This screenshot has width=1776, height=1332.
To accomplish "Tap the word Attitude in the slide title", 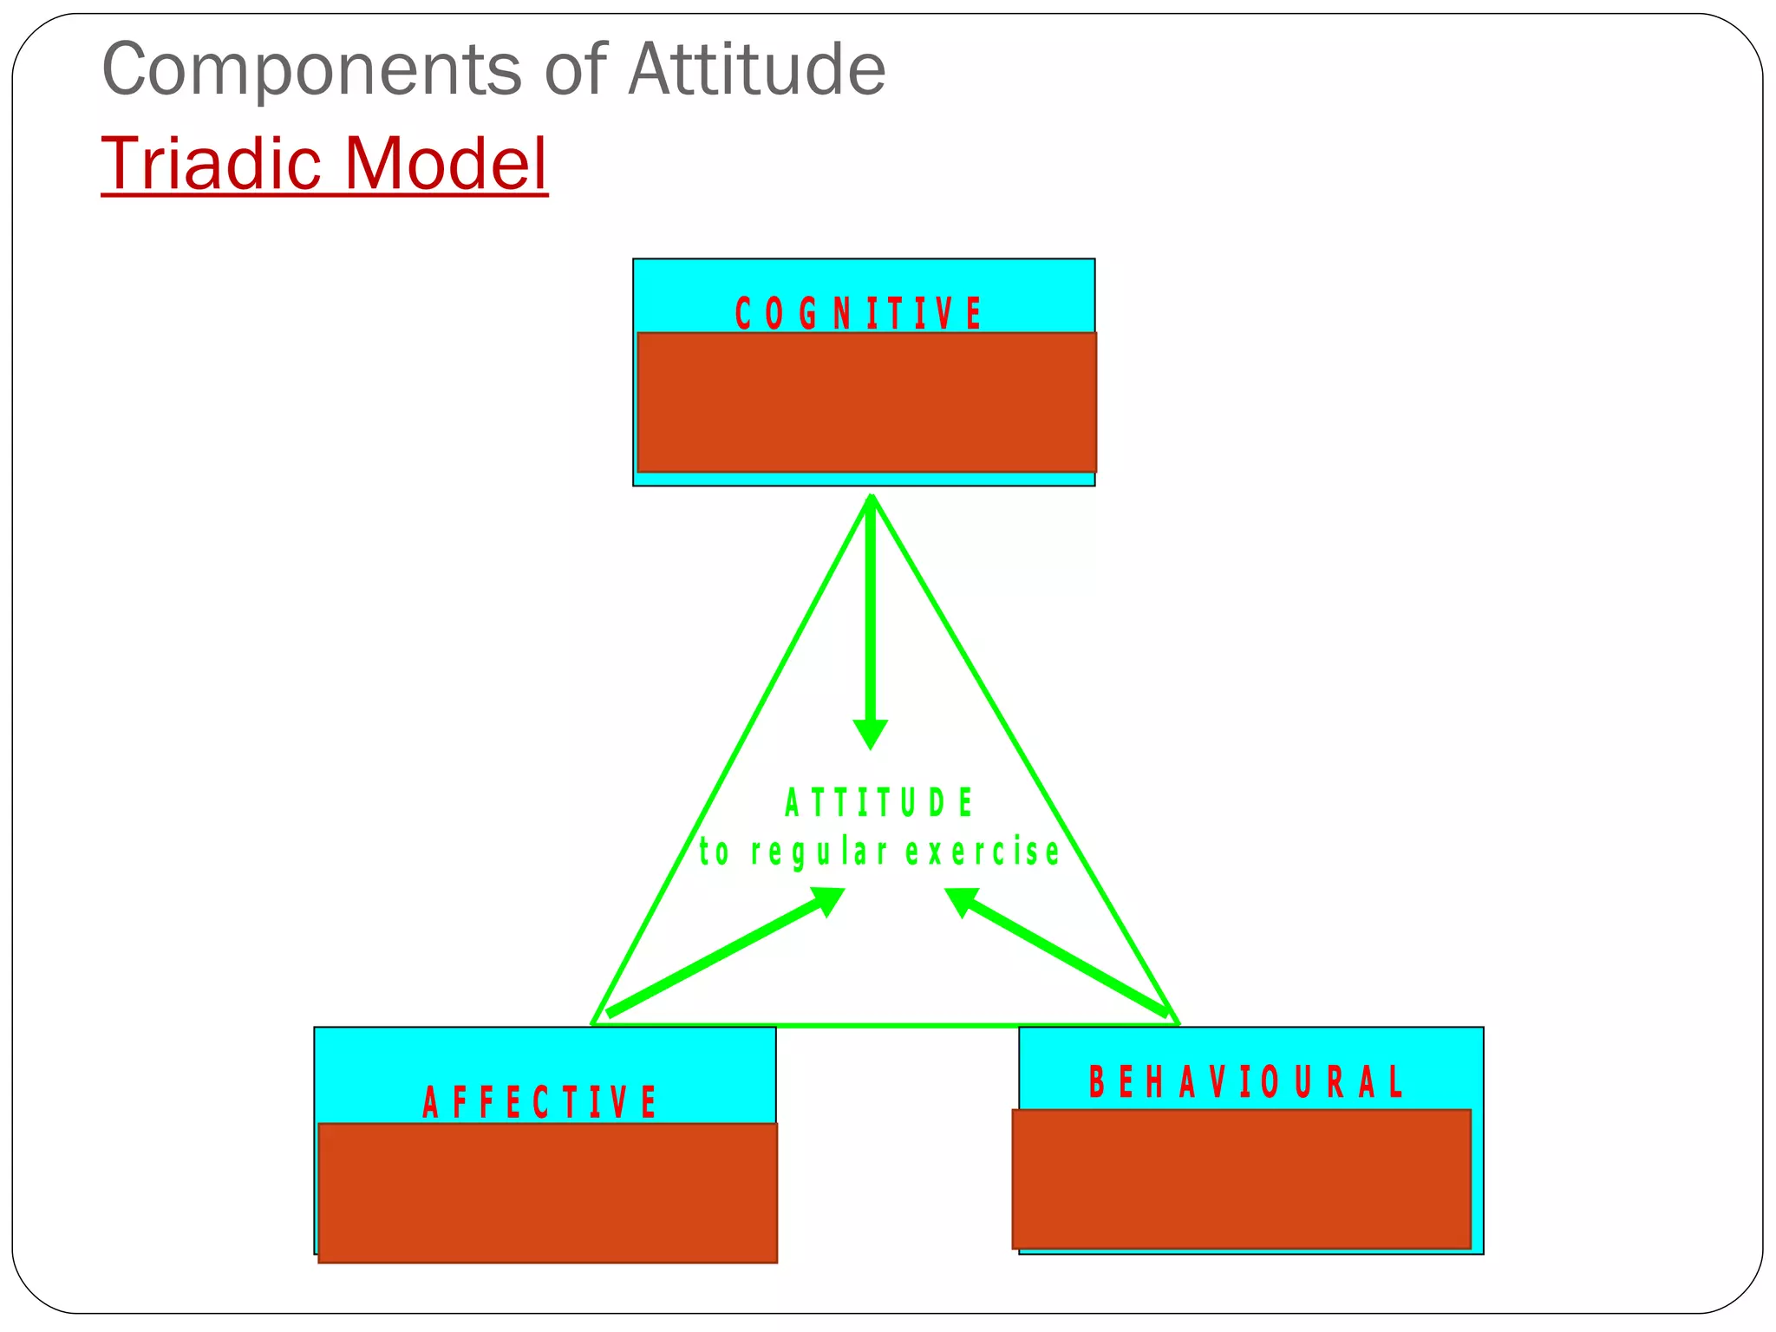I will pos(756,69).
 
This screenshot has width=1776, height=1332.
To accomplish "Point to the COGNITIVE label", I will pos(859,313).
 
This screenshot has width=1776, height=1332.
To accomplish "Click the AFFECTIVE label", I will pos(539,1103).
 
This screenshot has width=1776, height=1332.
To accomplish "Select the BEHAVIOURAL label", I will pos(1246,1082).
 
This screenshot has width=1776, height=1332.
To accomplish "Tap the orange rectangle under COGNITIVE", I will pos(866,402).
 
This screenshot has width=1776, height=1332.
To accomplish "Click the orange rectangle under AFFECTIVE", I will pos(547,1192).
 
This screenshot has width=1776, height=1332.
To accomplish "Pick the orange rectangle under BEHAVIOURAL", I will pos(1241,1179).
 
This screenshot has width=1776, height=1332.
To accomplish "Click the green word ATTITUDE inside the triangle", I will pos(879,803).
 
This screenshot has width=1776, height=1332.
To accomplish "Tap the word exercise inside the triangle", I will pos(983,852).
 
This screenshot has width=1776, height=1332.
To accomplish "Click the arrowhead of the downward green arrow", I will pos(871,734).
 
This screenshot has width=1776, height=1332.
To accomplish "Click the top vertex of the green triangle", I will pos(872,497).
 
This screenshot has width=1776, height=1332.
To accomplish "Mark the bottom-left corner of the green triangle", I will pos(593,1023).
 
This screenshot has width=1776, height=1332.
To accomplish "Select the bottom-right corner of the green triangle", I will pos(1178,1023).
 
